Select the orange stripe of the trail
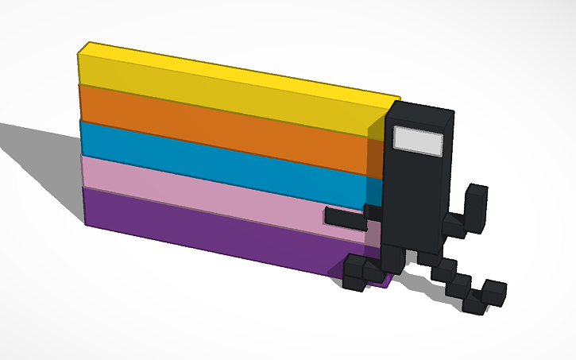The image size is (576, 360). tap(222, 127)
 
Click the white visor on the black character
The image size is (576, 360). tap(419, 140)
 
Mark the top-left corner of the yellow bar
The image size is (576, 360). tap(79, 54)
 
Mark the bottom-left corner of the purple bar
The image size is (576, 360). tap(86, 223)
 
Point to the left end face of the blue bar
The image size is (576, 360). tap(81, 139)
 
